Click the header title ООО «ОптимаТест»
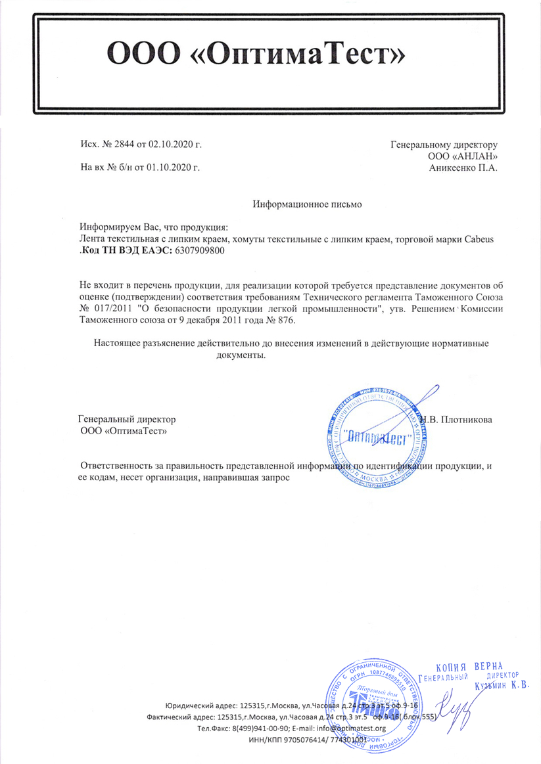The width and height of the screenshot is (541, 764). (x=255, y=55)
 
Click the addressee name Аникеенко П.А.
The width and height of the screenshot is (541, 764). (x=463, y=168)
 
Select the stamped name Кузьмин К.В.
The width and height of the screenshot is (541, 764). (x=501, y=686)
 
